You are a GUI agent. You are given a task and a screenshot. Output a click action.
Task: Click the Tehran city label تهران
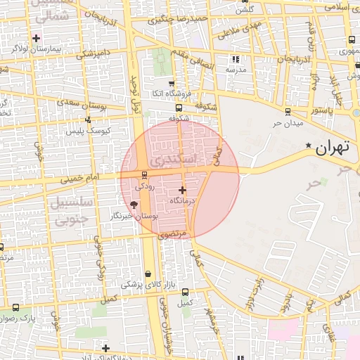click(x=333, y=148)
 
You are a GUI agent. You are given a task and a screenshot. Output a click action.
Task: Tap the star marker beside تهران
click(x=308, y=146)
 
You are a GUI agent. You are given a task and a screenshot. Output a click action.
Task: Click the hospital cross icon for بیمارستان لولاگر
click(x=36, y=37)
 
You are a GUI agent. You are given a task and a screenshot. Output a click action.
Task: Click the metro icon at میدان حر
click(x=288, y=112)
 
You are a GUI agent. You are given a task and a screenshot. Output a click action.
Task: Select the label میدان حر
click(x=288, y=123)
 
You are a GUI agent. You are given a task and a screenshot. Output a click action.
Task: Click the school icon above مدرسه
click(x=236, y=60)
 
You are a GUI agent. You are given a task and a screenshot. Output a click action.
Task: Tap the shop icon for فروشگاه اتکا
click(x=172, y=84)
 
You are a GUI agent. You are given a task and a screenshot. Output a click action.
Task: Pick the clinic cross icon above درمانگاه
click(x=183, y=190)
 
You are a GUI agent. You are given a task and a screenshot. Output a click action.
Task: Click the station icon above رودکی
click(x=144, y=174)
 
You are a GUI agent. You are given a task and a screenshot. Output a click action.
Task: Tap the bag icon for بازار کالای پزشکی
click(x=148, y=274)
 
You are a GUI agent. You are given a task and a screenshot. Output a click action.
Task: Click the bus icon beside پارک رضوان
click(x=15, y=307)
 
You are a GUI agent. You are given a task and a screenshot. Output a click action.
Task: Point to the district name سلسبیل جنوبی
click(x=67, y=211)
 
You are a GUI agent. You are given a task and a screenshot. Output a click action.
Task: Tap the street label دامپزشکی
click(x=92, y=54)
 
